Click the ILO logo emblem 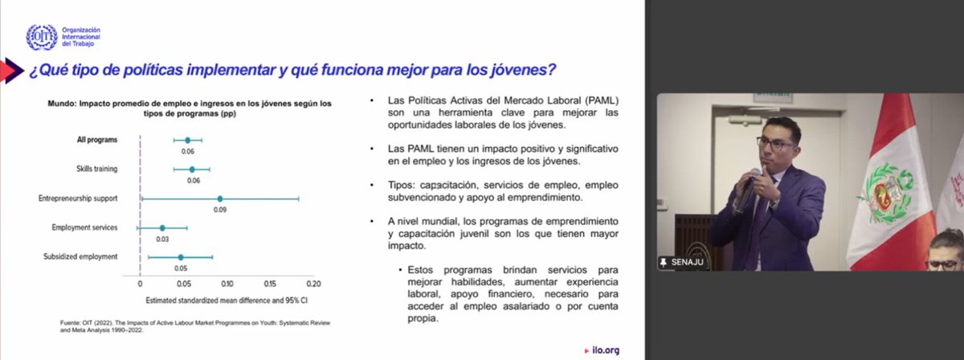click(41, 37)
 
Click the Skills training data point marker click(192, 170)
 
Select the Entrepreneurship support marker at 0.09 click(219, 198)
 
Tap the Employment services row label click(84, 227)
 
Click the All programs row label click(97, 140)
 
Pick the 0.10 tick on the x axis click(227, 284)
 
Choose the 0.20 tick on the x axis click(313, 284)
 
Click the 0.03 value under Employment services click(163, 239)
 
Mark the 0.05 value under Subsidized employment click(181, 268)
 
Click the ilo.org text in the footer click(604, 350)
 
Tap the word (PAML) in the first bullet click(601, 100)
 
